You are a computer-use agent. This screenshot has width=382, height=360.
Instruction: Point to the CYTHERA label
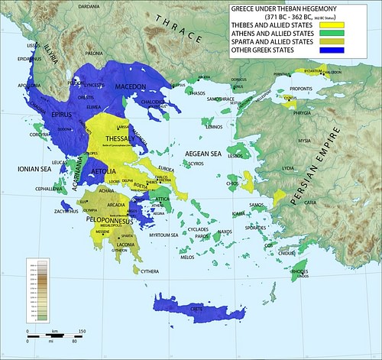pos(149,271)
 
